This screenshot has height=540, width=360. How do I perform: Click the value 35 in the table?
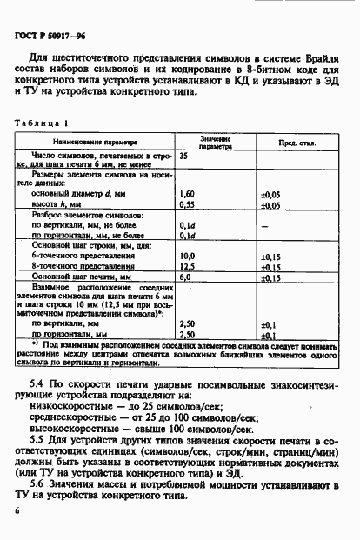click(x=184, y=155)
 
